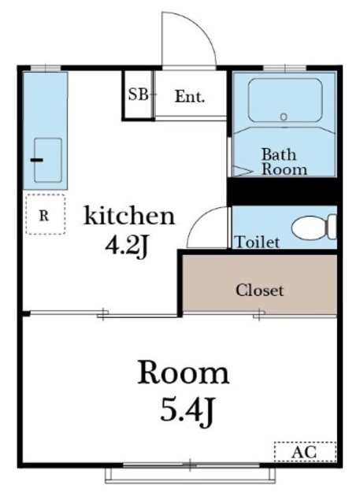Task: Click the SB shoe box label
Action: [139, 94]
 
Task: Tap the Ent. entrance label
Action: [190, 96]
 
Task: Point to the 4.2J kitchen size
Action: [128, 246]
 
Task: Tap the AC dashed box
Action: [305, 452]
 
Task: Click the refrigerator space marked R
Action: [46, 214]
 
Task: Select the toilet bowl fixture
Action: [314, 228]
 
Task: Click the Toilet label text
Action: [257, 242]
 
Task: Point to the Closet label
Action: [260, 291]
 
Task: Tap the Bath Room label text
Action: [284, 161]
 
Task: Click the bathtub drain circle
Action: [284, 117]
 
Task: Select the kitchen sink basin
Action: [48, 160]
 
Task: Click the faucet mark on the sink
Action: [37, 160]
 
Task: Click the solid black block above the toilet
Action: [284, 191]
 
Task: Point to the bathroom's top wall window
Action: [284, 69]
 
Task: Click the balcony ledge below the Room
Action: [191, 475]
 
